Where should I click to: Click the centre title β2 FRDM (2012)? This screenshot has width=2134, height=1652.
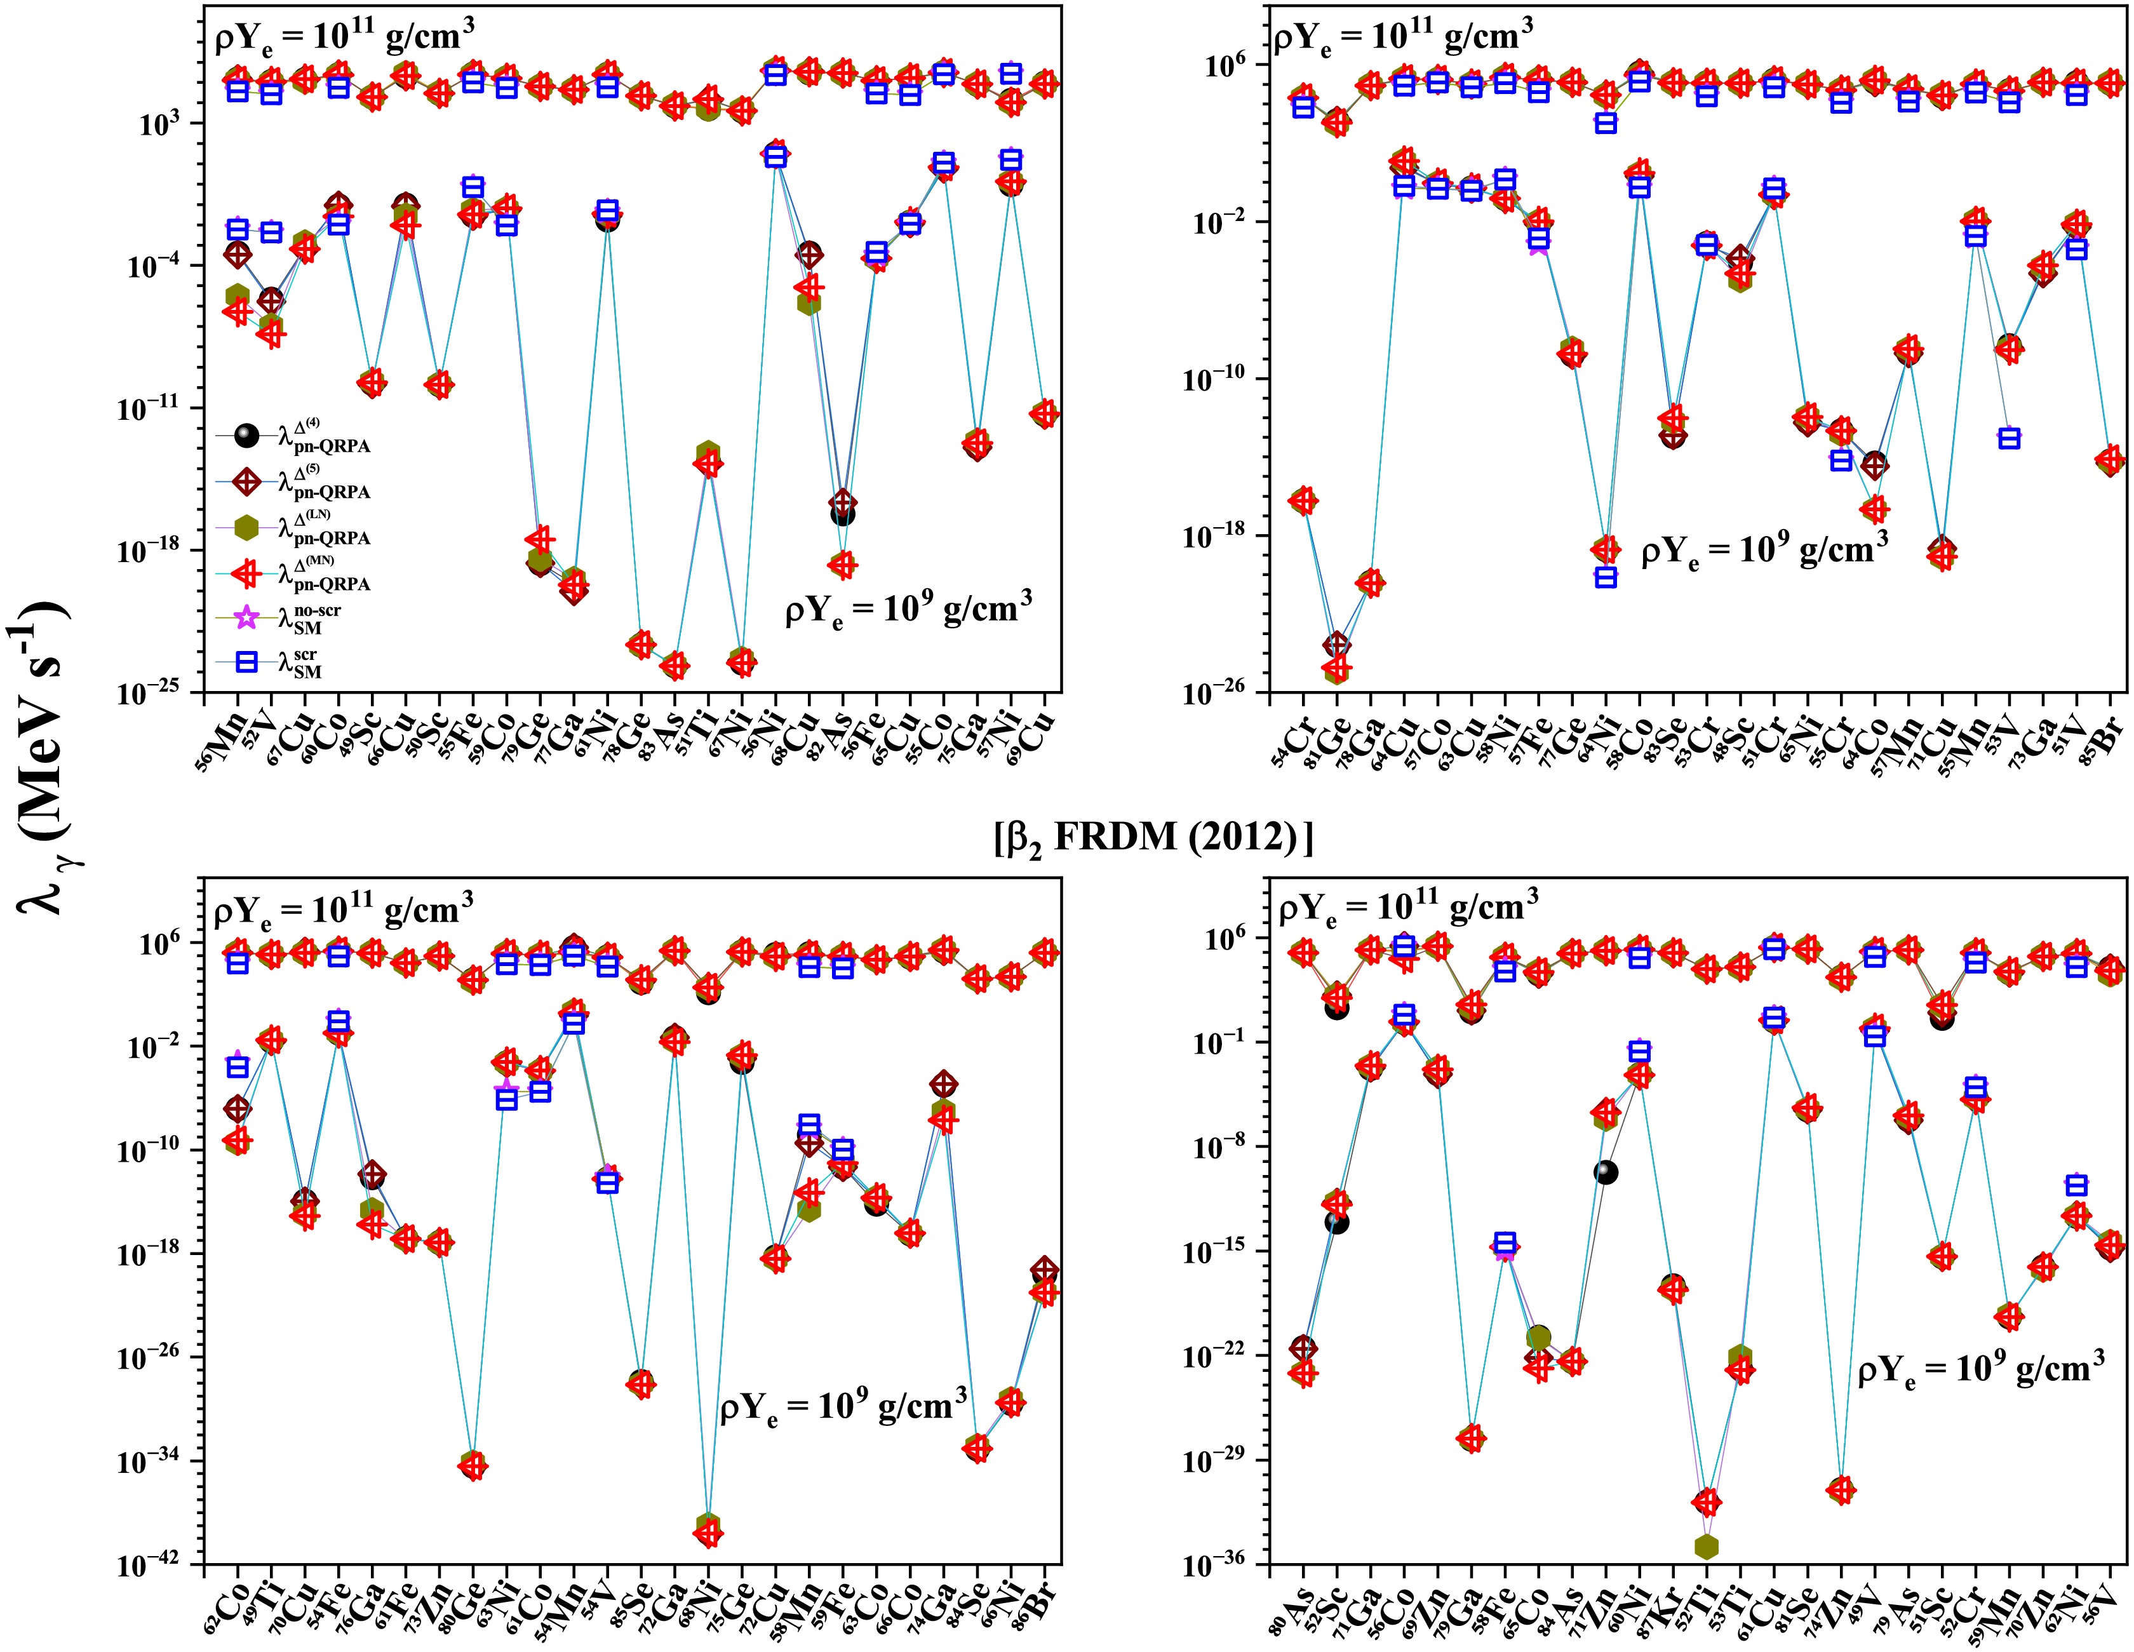1153,838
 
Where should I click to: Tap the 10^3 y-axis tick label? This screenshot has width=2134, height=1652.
168,125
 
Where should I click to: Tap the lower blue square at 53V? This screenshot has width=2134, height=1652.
2009,439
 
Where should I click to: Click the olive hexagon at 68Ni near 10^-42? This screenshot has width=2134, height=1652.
708,1525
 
